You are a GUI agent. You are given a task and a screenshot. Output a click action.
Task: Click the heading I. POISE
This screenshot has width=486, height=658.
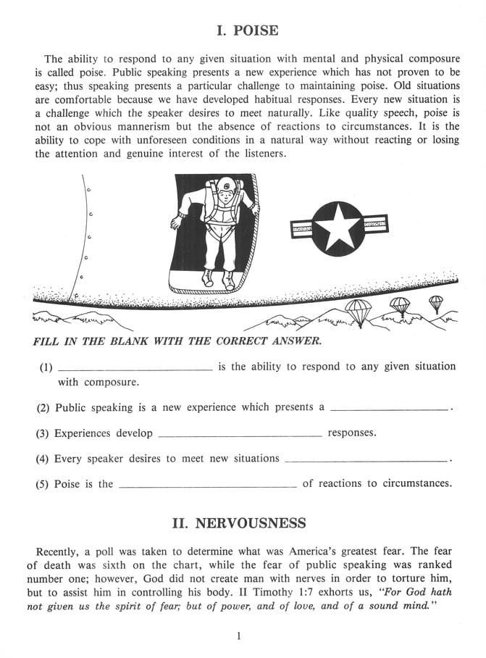tap(247, 30)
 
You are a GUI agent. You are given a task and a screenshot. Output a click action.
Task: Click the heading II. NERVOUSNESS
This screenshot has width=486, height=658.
tap(239, 523)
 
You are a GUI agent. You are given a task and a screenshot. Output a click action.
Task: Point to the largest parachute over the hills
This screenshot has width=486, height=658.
tap(358, 311)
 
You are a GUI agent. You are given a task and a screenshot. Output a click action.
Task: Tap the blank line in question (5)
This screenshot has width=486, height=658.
tap(207, 486)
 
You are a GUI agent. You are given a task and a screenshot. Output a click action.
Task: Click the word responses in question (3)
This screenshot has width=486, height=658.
tap(352, 433)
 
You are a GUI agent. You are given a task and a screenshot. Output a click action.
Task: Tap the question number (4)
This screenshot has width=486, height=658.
tap(43, 459)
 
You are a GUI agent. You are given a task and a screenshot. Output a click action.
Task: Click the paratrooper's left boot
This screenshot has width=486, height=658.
tap(230, 278)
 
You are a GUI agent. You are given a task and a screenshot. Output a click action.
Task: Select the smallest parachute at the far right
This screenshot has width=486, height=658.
tap(436, 303)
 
